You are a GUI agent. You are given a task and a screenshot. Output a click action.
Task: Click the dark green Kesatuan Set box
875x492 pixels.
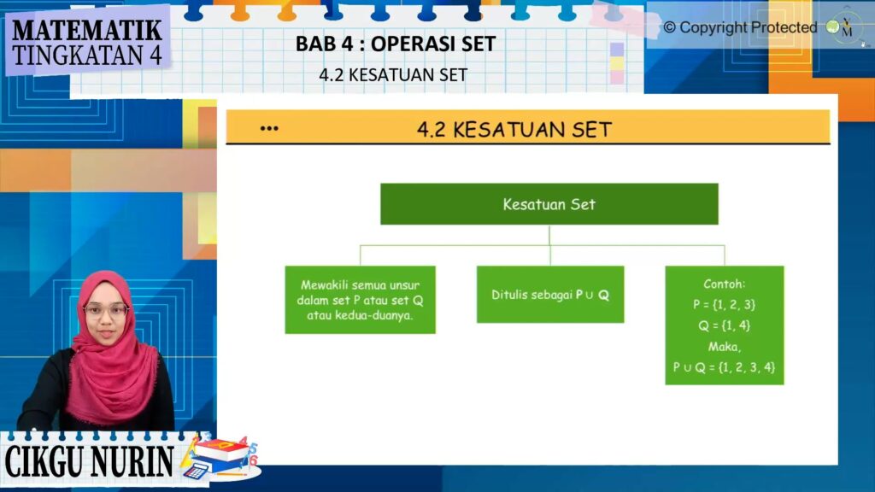(x=549, y=204)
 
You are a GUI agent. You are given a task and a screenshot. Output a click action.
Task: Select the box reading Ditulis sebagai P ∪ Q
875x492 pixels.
(x=550, y=295)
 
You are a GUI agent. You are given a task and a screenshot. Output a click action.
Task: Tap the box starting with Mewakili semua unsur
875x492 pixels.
(x=360, y=300)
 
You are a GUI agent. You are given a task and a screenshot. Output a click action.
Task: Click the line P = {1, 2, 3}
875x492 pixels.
(x=724, y=305)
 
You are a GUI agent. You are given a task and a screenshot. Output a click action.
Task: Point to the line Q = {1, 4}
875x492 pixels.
(x=724, y=325)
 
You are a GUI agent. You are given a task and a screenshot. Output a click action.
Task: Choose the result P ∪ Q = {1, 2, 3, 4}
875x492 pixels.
(x=724, y=367)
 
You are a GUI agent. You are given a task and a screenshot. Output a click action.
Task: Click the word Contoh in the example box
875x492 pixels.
(x=724, y=284)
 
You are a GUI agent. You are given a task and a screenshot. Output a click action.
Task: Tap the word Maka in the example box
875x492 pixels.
(x=724, y=347)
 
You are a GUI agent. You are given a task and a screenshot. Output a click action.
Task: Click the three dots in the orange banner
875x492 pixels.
(x=269, y=129)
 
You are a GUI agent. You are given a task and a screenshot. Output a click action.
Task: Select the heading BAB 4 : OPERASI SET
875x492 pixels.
(x=396, y=44)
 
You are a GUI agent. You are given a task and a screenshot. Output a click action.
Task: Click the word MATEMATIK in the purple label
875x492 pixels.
(x=86, y=30)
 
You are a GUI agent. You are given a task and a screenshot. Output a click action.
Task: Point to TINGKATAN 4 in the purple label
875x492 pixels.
(x=86, y=55)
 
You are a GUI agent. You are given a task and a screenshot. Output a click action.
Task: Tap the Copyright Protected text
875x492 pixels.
(x=740, y=27)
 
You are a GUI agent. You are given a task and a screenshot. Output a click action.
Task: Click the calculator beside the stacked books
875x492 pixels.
(x=196, y=471)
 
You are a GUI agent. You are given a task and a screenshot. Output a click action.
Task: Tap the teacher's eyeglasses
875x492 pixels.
(x=105, y=310)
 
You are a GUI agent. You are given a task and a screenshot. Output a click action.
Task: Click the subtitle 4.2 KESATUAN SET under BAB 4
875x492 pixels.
(x=393, y=75)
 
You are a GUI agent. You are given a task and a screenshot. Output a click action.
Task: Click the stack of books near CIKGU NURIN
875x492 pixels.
(x=222, y=452)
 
